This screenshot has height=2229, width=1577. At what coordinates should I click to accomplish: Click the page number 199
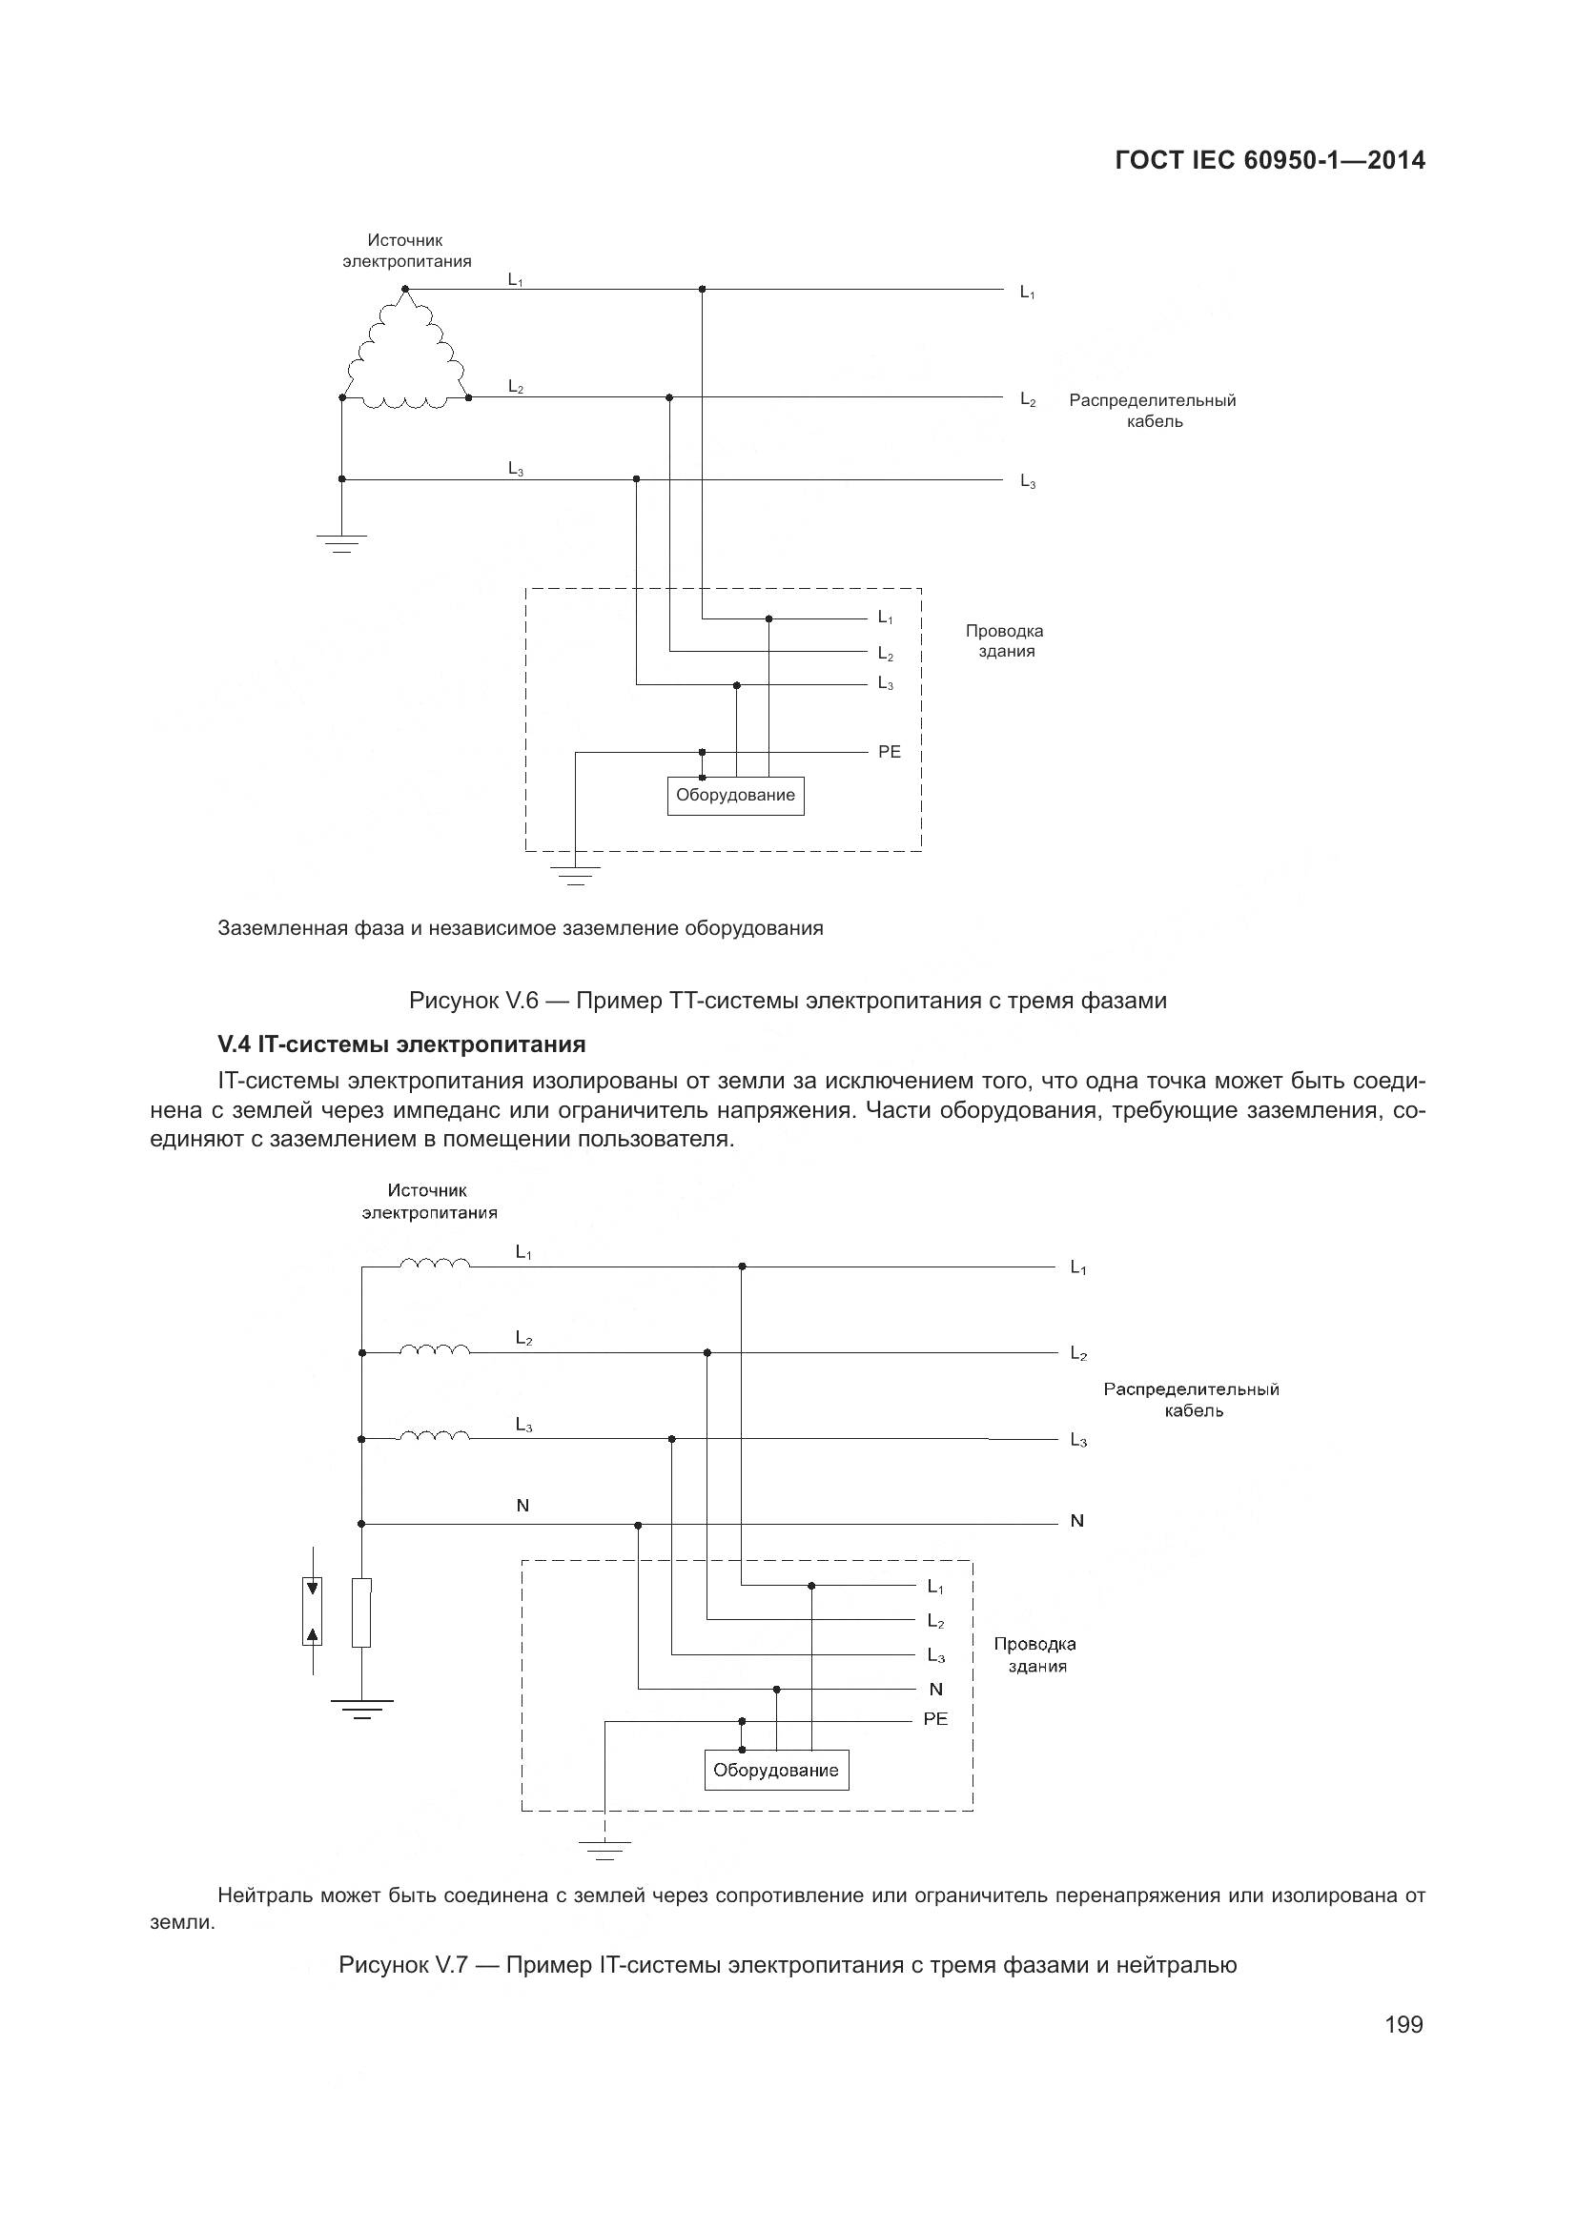point(1403,2024)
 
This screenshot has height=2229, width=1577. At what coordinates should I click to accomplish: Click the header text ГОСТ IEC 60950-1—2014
point(1270,160)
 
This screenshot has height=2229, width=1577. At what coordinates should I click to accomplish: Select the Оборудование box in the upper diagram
point(735,795)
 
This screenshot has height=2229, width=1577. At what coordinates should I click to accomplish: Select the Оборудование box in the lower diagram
point(775,1769)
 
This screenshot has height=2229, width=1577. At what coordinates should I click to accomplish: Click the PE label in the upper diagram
point(889,751)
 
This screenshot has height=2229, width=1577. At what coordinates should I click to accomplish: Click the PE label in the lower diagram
point(934,1718)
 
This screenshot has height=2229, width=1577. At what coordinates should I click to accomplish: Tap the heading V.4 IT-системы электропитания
point(401,1044)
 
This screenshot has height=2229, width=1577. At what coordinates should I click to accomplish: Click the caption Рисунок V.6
point(788,1000)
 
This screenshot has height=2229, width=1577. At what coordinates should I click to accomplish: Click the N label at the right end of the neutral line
point(1075,1521)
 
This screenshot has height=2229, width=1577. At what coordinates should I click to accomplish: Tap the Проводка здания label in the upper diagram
point(1004,640)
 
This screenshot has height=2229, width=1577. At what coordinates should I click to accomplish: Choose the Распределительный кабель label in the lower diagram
point(1192,1400)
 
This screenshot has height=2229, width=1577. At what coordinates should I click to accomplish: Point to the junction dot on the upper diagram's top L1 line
point(702,290)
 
